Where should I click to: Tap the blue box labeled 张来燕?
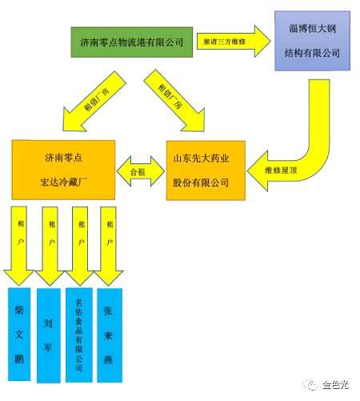click(x=108, y=332)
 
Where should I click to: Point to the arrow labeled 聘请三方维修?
click(x=232, y=41)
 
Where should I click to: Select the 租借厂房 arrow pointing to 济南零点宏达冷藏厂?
click(x=80, y=106)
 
